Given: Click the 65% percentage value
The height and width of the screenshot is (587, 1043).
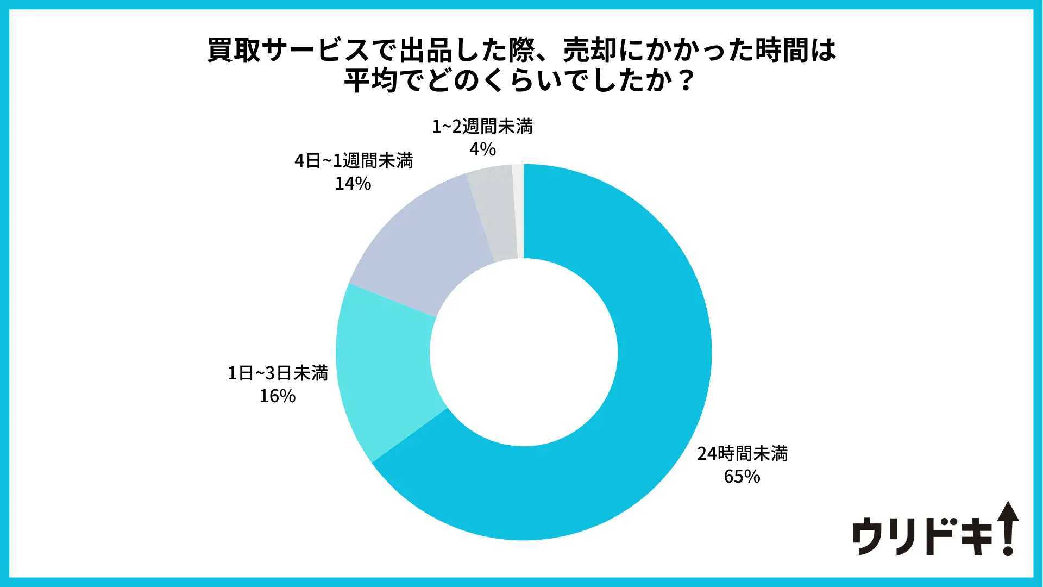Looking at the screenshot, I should [742, 477].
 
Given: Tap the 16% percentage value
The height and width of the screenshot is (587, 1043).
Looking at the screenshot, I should [277, 396].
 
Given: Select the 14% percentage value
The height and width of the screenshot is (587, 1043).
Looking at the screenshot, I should [353, 184].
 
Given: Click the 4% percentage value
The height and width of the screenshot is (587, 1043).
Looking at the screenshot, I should [482, 149].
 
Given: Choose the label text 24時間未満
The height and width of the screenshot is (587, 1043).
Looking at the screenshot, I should [742, 453].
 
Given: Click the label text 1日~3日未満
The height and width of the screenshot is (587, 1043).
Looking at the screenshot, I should [278, 373].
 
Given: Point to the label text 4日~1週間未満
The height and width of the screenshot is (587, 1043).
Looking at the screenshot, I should [354, 160].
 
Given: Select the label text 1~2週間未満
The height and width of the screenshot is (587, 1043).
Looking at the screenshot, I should [482, 126].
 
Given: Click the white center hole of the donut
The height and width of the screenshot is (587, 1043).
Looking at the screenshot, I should [524, 352].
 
